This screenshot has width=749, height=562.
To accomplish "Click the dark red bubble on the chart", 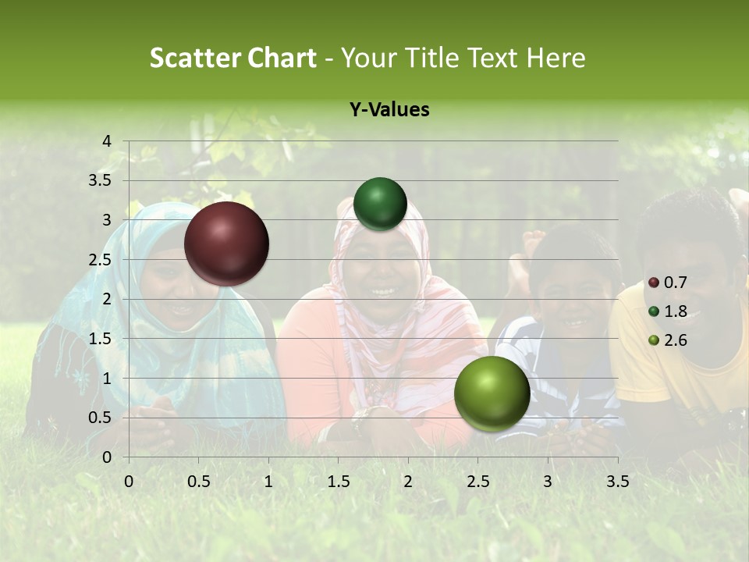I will [226, 244].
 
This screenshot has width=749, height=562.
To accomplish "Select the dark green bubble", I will [380, 204].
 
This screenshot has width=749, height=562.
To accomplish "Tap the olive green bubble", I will [492, 394].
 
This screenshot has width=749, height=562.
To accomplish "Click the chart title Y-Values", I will [389, 110].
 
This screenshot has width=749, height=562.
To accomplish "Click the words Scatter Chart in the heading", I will [233, 58].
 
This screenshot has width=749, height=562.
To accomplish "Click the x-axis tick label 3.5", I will [617, 482].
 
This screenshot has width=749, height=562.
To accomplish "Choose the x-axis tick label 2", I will [407, 482].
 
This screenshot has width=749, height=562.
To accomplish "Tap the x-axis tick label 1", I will [268, 482].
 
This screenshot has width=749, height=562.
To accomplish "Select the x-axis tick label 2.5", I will [477, 482].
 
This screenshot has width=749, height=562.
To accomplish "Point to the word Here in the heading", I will [555, 58].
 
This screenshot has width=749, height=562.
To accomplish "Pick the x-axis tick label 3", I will [547, 482].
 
